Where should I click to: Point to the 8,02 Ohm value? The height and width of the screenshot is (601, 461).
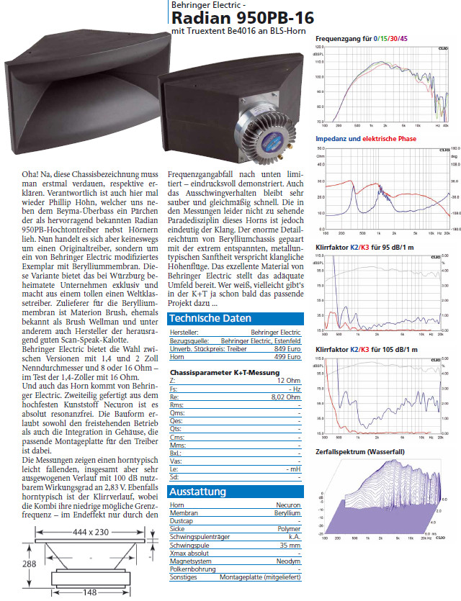[x=286, y=396]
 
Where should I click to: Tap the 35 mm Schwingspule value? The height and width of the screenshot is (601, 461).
[x=291, y=545]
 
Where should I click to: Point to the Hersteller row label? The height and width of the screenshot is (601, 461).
[x=184, y=333]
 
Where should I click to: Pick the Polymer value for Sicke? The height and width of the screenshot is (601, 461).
[x=290, y=529]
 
